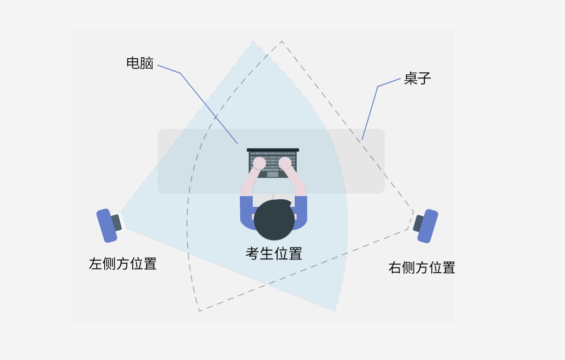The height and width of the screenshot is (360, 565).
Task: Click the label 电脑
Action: click(140, 63)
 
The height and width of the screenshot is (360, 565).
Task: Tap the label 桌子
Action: click(417, 78)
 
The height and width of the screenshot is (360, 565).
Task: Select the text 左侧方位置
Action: click(123, 264)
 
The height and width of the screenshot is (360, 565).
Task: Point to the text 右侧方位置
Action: click(422, 268)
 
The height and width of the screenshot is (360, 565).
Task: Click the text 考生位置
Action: click(274, 253)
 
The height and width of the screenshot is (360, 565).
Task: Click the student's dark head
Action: click(274, 220)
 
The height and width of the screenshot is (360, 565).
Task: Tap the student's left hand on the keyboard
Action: click(259, 163)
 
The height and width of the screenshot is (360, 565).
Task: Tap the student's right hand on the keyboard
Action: click(285, 163)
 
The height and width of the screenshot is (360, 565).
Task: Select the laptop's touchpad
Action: click(273, 174)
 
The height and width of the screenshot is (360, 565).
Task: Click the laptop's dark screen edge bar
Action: click(273, 150)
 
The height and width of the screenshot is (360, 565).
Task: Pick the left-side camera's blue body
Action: click(106, 226)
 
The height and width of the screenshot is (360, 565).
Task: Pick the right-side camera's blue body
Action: click(428, 226)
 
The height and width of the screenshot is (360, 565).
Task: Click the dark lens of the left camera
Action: click(116, 222)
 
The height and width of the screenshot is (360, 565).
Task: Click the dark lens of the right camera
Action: click(418, 223)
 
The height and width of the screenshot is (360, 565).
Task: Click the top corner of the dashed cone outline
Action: click(282, 42)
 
